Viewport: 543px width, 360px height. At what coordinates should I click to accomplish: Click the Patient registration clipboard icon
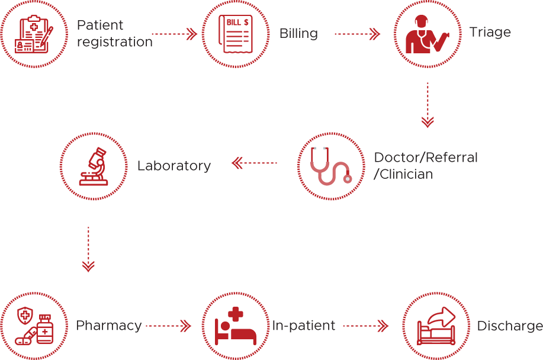pos(34,34)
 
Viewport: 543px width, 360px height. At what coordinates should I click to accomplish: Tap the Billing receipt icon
pos(236,34)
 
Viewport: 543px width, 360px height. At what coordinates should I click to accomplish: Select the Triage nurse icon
pos(428,34)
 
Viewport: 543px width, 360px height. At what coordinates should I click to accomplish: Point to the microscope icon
pos(94,166)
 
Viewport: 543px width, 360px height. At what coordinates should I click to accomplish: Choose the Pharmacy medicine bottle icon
pos(33,326)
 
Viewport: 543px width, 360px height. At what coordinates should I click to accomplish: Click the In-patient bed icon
pos(236,326)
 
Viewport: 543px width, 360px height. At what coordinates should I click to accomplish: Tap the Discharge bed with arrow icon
pos(436,326)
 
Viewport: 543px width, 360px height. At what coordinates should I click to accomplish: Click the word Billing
pos(298,34)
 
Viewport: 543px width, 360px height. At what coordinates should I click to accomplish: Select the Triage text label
pos(490,31)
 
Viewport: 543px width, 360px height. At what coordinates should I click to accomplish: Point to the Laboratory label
pos(173,166)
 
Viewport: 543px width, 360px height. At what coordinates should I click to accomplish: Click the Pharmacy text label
pos(108,326)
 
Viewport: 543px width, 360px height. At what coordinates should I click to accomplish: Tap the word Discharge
pos(509,326)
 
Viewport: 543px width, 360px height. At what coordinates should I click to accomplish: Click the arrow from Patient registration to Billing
pos(174,34)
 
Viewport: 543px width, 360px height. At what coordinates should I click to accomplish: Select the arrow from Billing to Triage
pos(357,34)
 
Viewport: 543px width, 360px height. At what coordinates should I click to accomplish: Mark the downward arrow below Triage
pos(428,105)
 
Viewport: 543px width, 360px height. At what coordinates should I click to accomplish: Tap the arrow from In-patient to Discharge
pos(365,326)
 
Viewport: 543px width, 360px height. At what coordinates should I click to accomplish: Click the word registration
pos(114,42)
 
